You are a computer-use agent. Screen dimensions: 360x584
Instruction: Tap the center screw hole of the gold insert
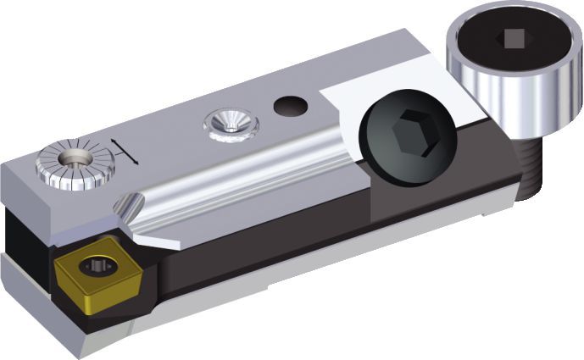95,268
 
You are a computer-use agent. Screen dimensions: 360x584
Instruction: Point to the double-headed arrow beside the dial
124,150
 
